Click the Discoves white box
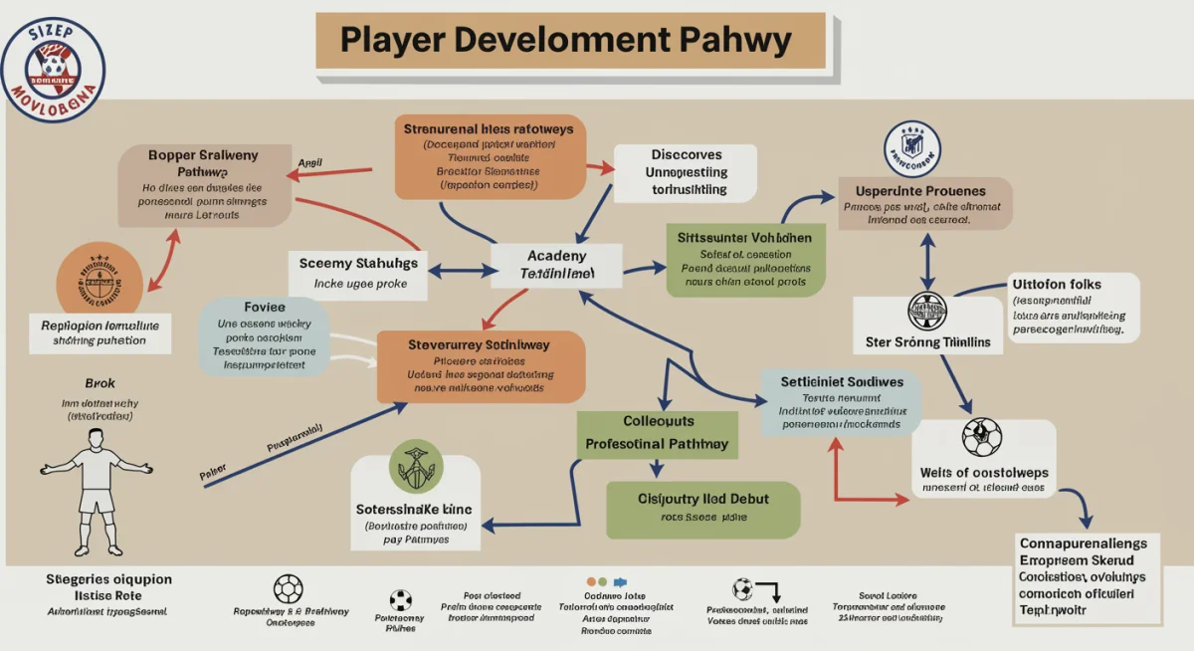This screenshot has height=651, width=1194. pyautogui.click(x=686, y=172)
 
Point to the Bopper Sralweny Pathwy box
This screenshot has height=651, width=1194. pyautogui.click(x=204, y=184)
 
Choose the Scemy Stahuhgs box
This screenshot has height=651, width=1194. pyautogui.click(x=358, y=273)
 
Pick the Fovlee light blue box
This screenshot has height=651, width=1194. pyautogui.click(x=264, y=335)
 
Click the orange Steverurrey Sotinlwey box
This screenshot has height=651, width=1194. pyautogui.click(x=480, y=367)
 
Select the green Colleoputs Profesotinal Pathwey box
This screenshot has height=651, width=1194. pyautogui.click(x=657, y=433)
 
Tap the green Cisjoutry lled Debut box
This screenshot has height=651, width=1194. pyautogui.click(x=703, y=507)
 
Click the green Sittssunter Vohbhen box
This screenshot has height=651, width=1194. pyautogui.click(x=745, y=259)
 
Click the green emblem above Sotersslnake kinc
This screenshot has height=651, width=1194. pyautogui.click(x=414, y=465)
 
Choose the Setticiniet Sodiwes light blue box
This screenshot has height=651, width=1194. pyautogui.click(x=841, y=401)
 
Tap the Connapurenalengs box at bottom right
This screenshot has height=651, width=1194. pyautogui.click(x=1087, y=579)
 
